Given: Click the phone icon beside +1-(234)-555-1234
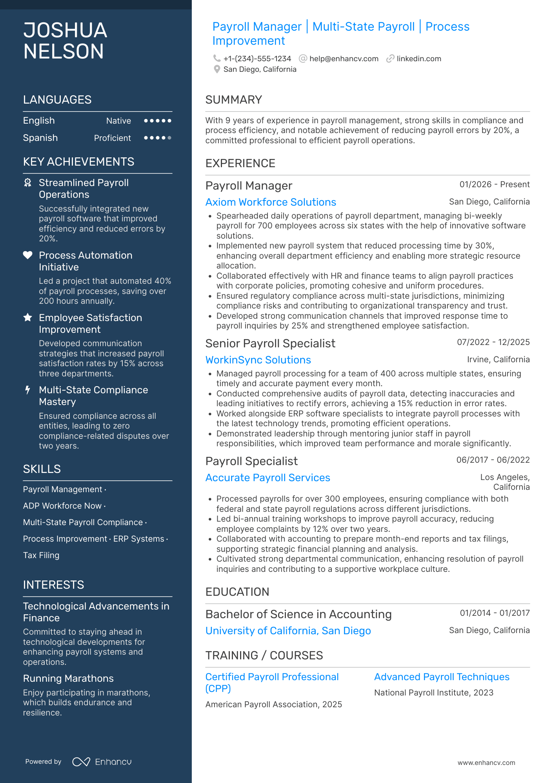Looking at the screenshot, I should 216,58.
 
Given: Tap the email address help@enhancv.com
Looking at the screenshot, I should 344,59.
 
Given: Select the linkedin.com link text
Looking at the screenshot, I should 418,59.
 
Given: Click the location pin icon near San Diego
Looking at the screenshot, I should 216,69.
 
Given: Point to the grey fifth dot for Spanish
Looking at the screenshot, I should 169,138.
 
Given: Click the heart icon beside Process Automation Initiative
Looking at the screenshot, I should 28,255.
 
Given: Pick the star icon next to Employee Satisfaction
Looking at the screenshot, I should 28,318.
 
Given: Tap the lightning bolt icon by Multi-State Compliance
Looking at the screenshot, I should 27,390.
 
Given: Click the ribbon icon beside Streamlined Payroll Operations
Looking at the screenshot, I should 28,183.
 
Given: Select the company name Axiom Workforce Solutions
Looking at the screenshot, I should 271,202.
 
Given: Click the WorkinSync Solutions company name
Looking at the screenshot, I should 258,360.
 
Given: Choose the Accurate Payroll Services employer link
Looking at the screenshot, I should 267,478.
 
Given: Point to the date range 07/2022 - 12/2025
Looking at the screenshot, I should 493,342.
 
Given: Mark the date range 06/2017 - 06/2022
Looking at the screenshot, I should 493,460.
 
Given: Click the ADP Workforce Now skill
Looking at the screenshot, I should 62,506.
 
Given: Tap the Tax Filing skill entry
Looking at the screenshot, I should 41,555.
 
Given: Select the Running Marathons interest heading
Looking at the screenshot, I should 68,679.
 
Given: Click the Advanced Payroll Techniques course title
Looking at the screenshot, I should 442,677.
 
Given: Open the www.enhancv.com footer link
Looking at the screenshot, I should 486,763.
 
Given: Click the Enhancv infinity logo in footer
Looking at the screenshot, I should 81,762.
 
